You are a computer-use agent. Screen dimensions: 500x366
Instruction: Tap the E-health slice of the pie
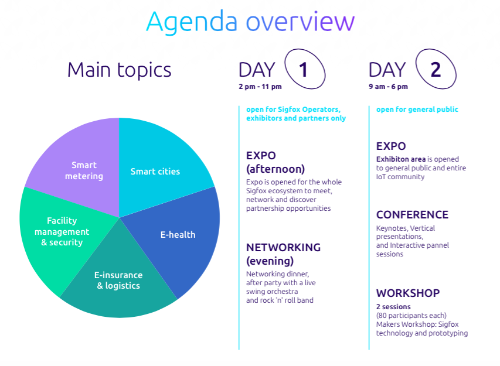pyautogui.click(x=179, y=236)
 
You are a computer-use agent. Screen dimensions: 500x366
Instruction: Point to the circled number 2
pyautogui.click(x=436, y=69)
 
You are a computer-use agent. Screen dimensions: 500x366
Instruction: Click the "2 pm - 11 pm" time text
pyautogui.click(x=260, y=87)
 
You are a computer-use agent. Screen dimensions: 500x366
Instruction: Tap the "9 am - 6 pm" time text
pyautogui.click(x=389, y=87)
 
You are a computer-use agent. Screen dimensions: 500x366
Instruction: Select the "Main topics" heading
pyautogui.click(x=120, y=70)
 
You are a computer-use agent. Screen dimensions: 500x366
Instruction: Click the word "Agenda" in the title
pyautogui.click(x=192, y=22)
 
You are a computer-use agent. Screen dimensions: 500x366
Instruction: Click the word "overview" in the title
pyautogui.click(x=300, y=22)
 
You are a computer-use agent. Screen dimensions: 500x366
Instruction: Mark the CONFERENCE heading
pyautogui.click(x=412, y=215)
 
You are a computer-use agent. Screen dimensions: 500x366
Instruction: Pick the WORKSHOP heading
pyautogui.click(x=408, y=293)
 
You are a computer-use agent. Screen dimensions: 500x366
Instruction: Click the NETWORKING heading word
pyautogui.click(x=284, y=248)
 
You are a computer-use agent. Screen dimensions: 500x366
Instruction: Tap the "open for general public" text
pyautogui.click(x=417, y=110)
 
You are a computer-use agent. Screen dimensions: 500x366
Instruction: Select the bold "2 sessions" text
pyautogui.click(x=393, y=307)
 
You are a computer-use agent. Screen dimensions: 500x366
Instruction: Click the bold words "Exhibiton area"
pyautogui.click(x=401, y=159)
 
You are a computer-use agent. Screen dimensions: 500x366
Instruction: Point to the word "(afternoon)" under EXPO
pyautogui.click(x=275, y=169)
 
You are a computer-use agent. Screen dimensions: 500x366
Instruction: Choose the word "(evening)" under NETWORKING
pyautogui.click(x=270, y=261)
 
